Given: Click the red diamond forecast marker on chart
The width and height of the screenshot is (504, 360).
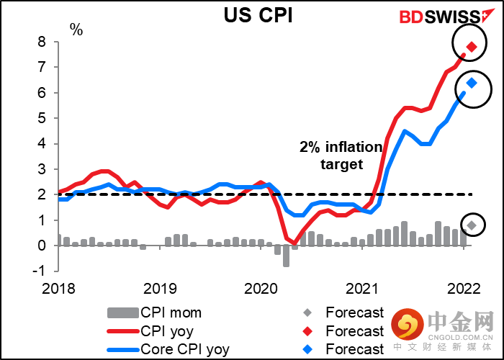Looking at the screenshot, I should [472, 48].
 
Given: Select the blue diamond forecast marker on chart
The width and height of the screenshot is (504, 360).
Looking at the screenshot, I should [472, 84].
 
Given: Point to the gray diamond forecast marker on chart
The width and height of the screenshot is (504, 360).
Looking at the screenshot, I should [472, 225].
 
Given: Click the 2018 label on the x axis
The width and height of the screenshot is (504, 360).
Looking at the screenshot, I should [58, 289].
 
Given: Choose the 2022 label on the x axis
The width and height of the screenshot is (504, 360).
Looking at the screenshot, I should [464, 289].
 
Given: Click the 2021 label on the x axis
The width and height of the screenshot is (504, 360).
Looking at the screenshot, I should [362, 289].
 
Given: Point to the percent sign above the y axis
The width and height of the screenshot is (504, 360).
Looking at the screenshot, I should [76, 30].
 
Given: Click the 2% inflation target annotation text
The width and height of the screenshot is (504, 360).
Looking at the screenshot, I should [341, 155].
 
